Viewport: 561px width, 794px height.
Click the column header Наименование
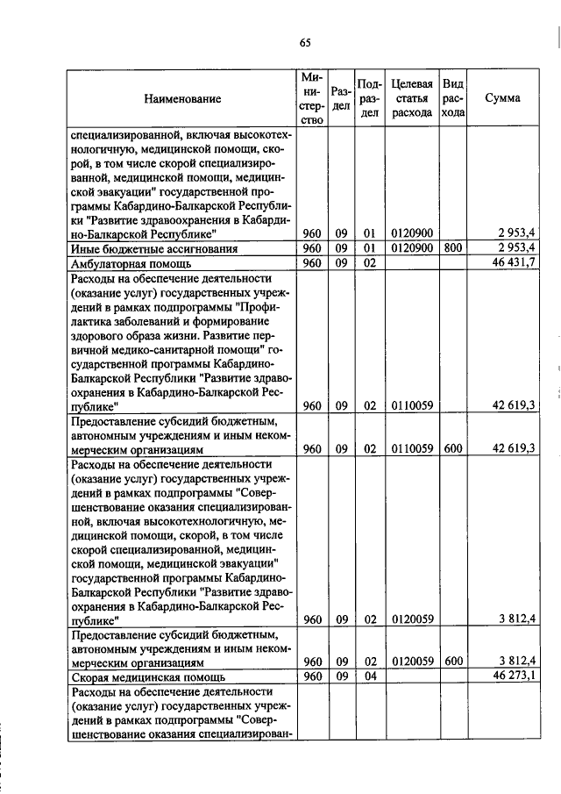pyautogui.click(x=182, y=99)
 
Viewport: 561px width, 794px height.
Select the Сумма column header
pyautogui.click(x=502, y=98)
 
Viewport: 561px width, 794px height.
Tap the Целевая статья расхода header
pyautogui.click(x=412, y=98)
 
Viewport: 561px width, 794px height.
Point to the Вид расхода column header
pyautogui.click(x=453, y=98)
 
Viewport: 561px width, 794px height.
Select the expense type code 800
pyautogui.click(x=453, y=249)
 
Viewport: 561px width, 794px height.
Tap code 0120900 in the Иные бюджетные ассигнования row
pyautogui.click(x=412, y=249)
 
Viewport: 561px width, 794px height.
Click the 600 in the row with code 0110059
pyautogui.click(x=453, y=448)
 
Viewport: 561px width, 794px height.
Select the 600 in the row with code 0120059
pyautogui.click(x=453, y=662)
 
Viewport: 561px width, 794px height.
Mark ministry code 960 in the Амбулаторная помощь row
pyautogui.click(x=312, y=263)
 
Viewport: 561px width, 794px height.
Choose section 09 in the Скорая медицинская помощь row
pyautogui.click(x=342, y=676)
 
